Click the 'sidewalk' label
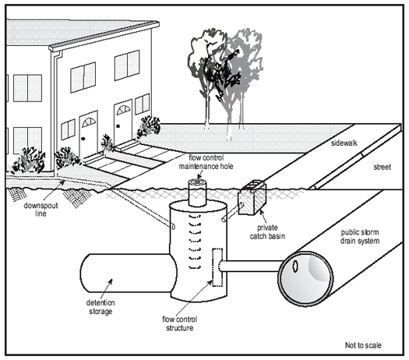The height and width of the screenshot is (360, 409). click(x=344, y=143)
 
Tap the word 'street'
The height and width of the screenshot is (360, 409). click(x=383, y=167)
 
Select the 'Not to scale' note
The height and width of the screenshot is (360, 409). click(x=363, y=345)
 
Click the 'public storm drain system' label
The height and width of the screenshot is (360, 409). click(x=360, y=237)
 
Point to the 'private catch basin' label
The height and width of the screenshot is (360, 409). click(x=267, y=232)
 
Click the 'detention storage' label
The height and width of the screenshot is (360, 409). click(x=100, y=307)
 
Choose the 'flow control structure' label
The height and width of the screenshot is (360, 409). click(x=180, y=323)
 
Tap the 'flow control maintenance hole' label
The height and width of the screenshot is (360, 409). click(x=206, y=162)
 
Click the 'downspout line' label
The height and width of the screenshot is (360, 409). click(x=41, y=210)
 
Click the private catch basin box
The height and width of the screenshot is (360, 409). click(x=252, y=198)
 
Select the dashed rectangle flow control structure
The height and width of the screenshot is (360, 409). click(x=217, y=267)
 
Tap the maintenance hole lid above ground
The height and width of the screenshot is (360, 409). click(x=197, y=182)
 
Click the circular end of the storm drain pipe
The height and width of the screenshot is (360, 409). click(x=305, y=279)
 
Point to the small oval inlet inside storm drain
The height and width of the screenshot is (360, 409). click(x=295, y=266)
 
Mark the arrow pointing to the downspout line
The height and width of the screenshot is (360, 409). click(x=55, y=191)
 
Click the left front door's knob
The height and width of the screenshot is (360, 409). click(x=83, y=139)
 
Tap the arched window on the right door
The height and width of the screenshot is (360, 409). click(x=123, y=110)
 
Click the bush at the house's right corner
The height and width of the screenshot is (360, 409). click(x=149, y=127)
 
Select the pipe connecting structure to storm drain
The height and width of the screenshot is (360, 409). click(x=250, y=266)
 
